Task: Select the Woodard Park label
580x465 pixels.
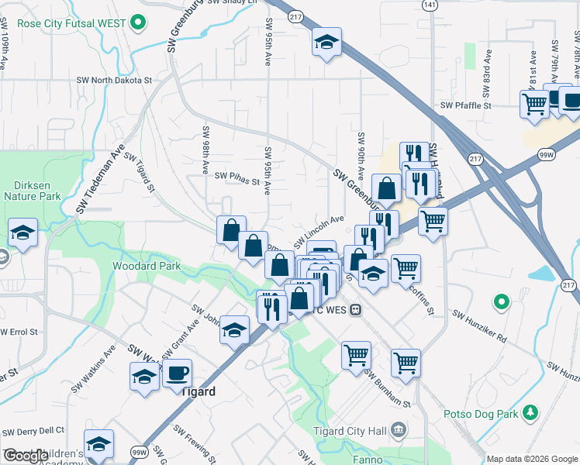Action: [157, 266]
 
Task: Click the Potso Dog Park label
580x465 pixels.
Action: [481, 414]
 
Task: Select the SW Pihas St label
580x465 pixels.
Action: [236, 180]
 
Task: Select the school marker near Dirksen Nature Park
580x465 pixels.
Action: [23, 232]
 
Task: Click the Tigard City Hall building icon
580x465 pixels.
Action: [399, 429]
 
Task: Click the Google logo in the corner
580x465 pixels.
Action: [26, 456]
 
